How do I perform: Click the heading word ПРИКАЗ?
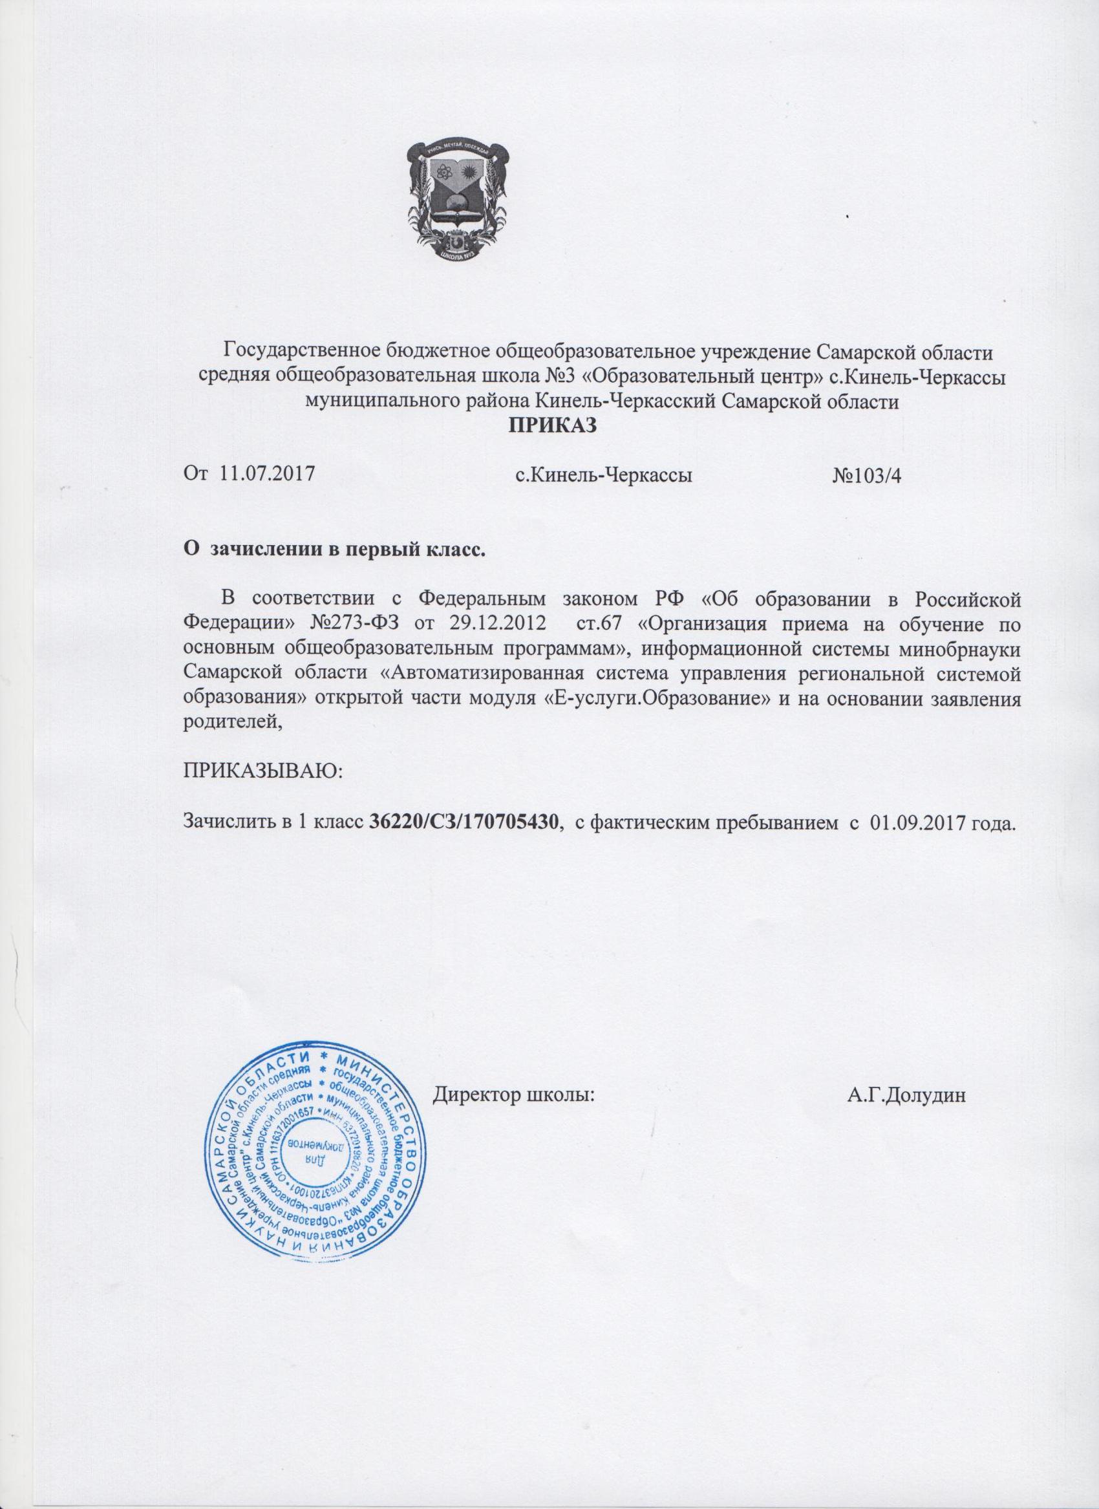pyautogui.click(x=550, y=423)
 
